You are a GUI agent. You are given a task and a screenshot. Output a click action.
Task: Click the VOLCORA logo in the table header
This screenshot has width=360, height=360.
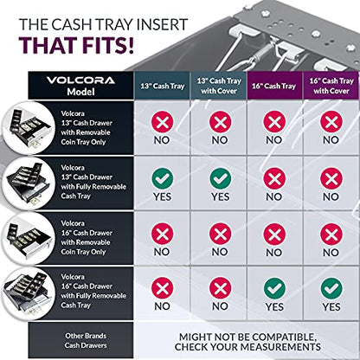(x=80, y=80)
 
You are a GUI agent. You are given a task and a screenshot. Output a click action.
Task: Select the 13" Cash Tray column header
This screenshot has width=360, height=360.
(x=163, y=86)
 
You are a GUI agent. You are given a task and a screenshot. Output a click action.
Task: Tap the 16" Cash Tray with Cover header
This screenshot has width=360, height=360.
(x=331, y=86)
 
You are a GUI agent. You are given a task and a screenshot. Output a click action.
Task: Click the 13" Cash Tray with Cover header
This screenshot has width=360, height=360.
(x=219, y=86)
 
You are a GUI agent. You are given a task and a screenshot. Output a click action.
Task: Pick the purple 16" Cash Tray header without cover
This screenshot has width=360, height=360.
(x=273, y=86)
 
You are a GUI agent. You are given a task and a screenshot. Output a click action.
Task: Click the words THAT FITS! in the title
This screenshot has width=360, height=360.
(x=77, y=45)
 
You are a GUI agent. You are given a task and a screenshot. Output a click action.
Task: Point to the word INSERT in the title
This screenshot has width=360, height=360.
(x=162, y=24)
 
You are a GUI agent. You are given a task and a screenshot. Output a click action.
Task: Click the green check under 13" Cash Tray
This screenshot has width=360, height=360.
(x=163, y=178)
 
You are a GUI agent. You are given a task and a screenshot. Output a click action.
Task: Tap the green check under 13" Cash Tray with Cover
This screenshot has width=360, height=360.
(x=221, y=178)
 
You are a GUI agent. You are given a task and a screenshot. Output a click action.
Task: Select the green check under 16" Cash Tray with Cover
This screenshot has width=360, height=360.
(x=331, y=288)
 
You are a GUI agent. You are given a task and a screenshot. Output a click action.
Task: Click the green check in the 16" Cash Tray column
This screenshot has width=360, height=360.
(x=274, y=288)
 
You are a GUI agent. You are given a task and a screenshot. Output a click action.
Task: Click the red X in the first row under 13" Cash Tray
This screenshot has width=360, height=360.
(x=163, y=122)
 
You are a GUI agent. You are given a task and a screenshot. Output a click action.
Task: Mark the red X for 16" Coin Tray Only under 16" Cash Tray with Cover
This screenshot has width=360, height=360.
(x=331, y=234)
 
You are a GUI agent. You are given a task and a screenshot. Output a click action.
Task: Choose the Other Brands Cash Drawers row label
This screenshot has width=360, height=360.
(x=86, y=340)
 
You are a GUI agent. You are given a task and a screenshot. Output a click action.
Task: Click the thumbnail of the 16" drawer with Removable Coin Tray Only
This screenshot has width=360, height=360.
(x=29, y=239)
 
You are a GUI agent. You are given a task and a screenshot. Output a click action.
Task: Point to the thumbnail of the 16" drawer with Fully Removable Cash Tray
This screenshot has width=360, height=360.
(x=27, y=293)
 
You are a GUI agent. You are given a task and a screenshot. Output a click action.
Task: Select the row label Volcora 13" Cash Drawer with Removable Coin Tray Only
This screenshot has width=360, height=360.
(x=87, y=127)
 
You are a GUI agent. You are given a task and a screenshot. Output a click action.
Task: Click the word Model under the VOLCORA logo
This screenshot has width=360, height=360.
(x=80, y=92)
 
